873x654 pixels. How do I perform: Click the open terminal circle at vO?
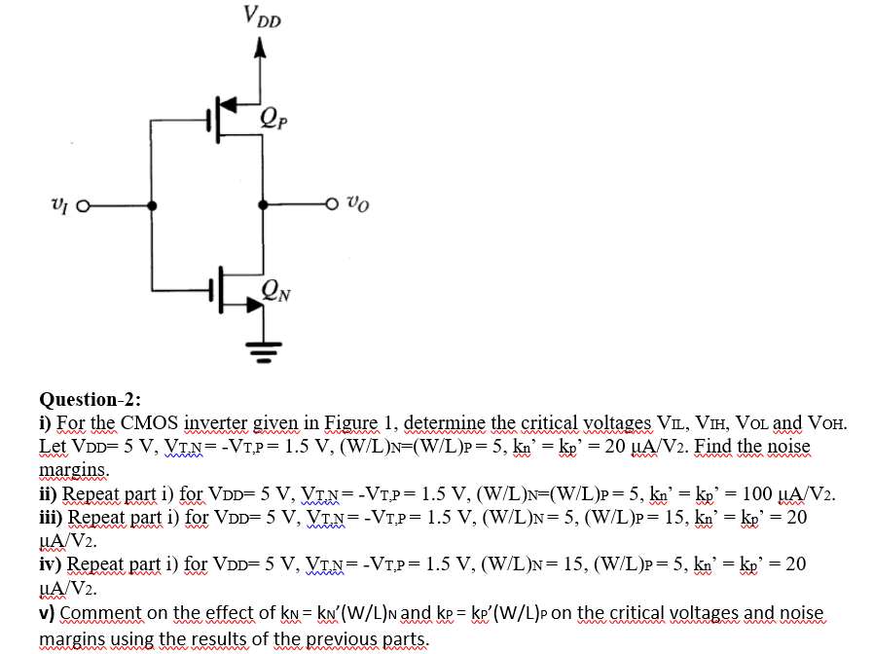pyautogui.click(x=332, y=206)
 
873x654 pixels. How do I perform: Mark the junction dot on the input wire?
pyautogui.click(x=153, y=206)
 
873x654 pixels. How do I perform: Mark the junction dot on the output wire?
pyautogui.click(x=261, y=206)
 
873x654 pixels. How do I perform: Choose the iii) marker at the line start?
pyautogui.click(x=52, y=517)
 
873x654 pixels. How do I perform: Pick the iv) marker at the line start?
pyautogui.click(x=51, y=564)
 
